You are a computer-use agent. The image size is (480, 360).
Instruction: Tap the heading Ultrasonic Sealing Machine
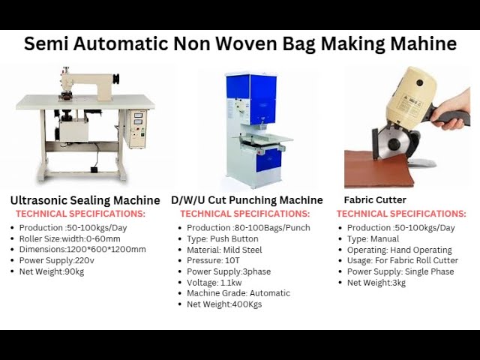pos(85,200)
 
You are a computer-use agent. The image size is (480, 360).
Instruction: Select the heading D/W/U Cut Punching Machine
pos(247,200)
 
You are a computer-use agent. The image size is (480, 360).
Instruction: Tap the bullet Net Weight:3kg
pos(376,283)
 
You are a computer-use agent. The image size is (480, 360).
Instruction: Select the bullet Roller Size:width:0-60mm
pos(69,238)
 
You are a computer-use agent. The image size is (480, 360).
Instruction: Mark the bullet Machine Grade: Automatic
pos(238,293)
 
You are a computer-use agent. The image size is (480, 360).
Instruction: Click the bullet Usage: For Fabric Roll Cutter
pos(402,260)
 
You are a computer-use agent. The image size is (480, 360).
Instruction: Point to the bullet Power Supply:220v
pos(58,260)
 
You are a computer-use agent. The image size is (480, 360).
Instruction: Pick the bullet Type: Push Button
pos(222,238)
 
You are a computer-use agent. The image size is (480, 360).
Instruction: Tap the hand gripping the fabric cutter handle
pos(454,116)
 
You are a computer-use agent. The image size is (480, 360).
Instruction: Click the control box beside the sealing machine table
pos(136,128)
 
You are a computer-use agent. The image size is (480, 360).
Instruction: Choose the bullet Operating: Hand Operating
pos(399,250)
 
